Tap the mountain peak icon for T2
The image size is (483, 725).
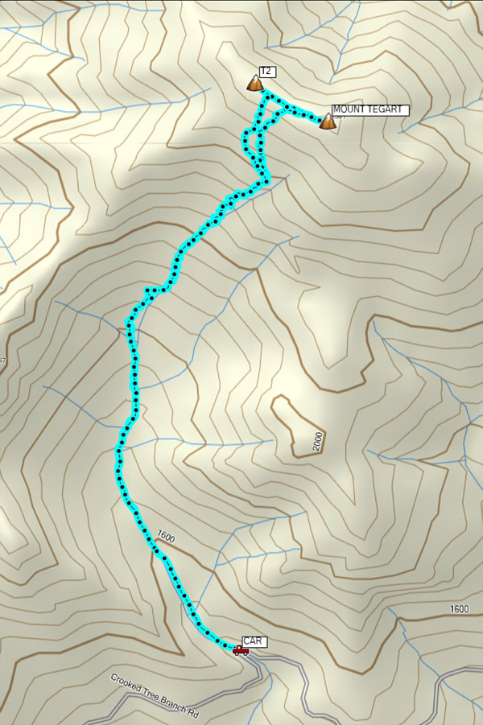tap(255, 83)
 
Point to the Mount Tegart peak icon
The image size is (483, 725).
tap(327, 122)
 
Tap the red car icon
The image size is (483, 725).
tap(241, 649)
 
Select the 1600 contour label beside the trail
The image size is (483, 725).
tap(166, 537)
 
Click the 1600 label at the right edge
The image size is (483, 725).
tap(459, 609)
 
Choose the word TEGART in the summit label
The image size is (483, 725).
tap(385, 110)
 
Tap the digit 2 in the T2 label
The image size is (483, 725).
tap(269, 72)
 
